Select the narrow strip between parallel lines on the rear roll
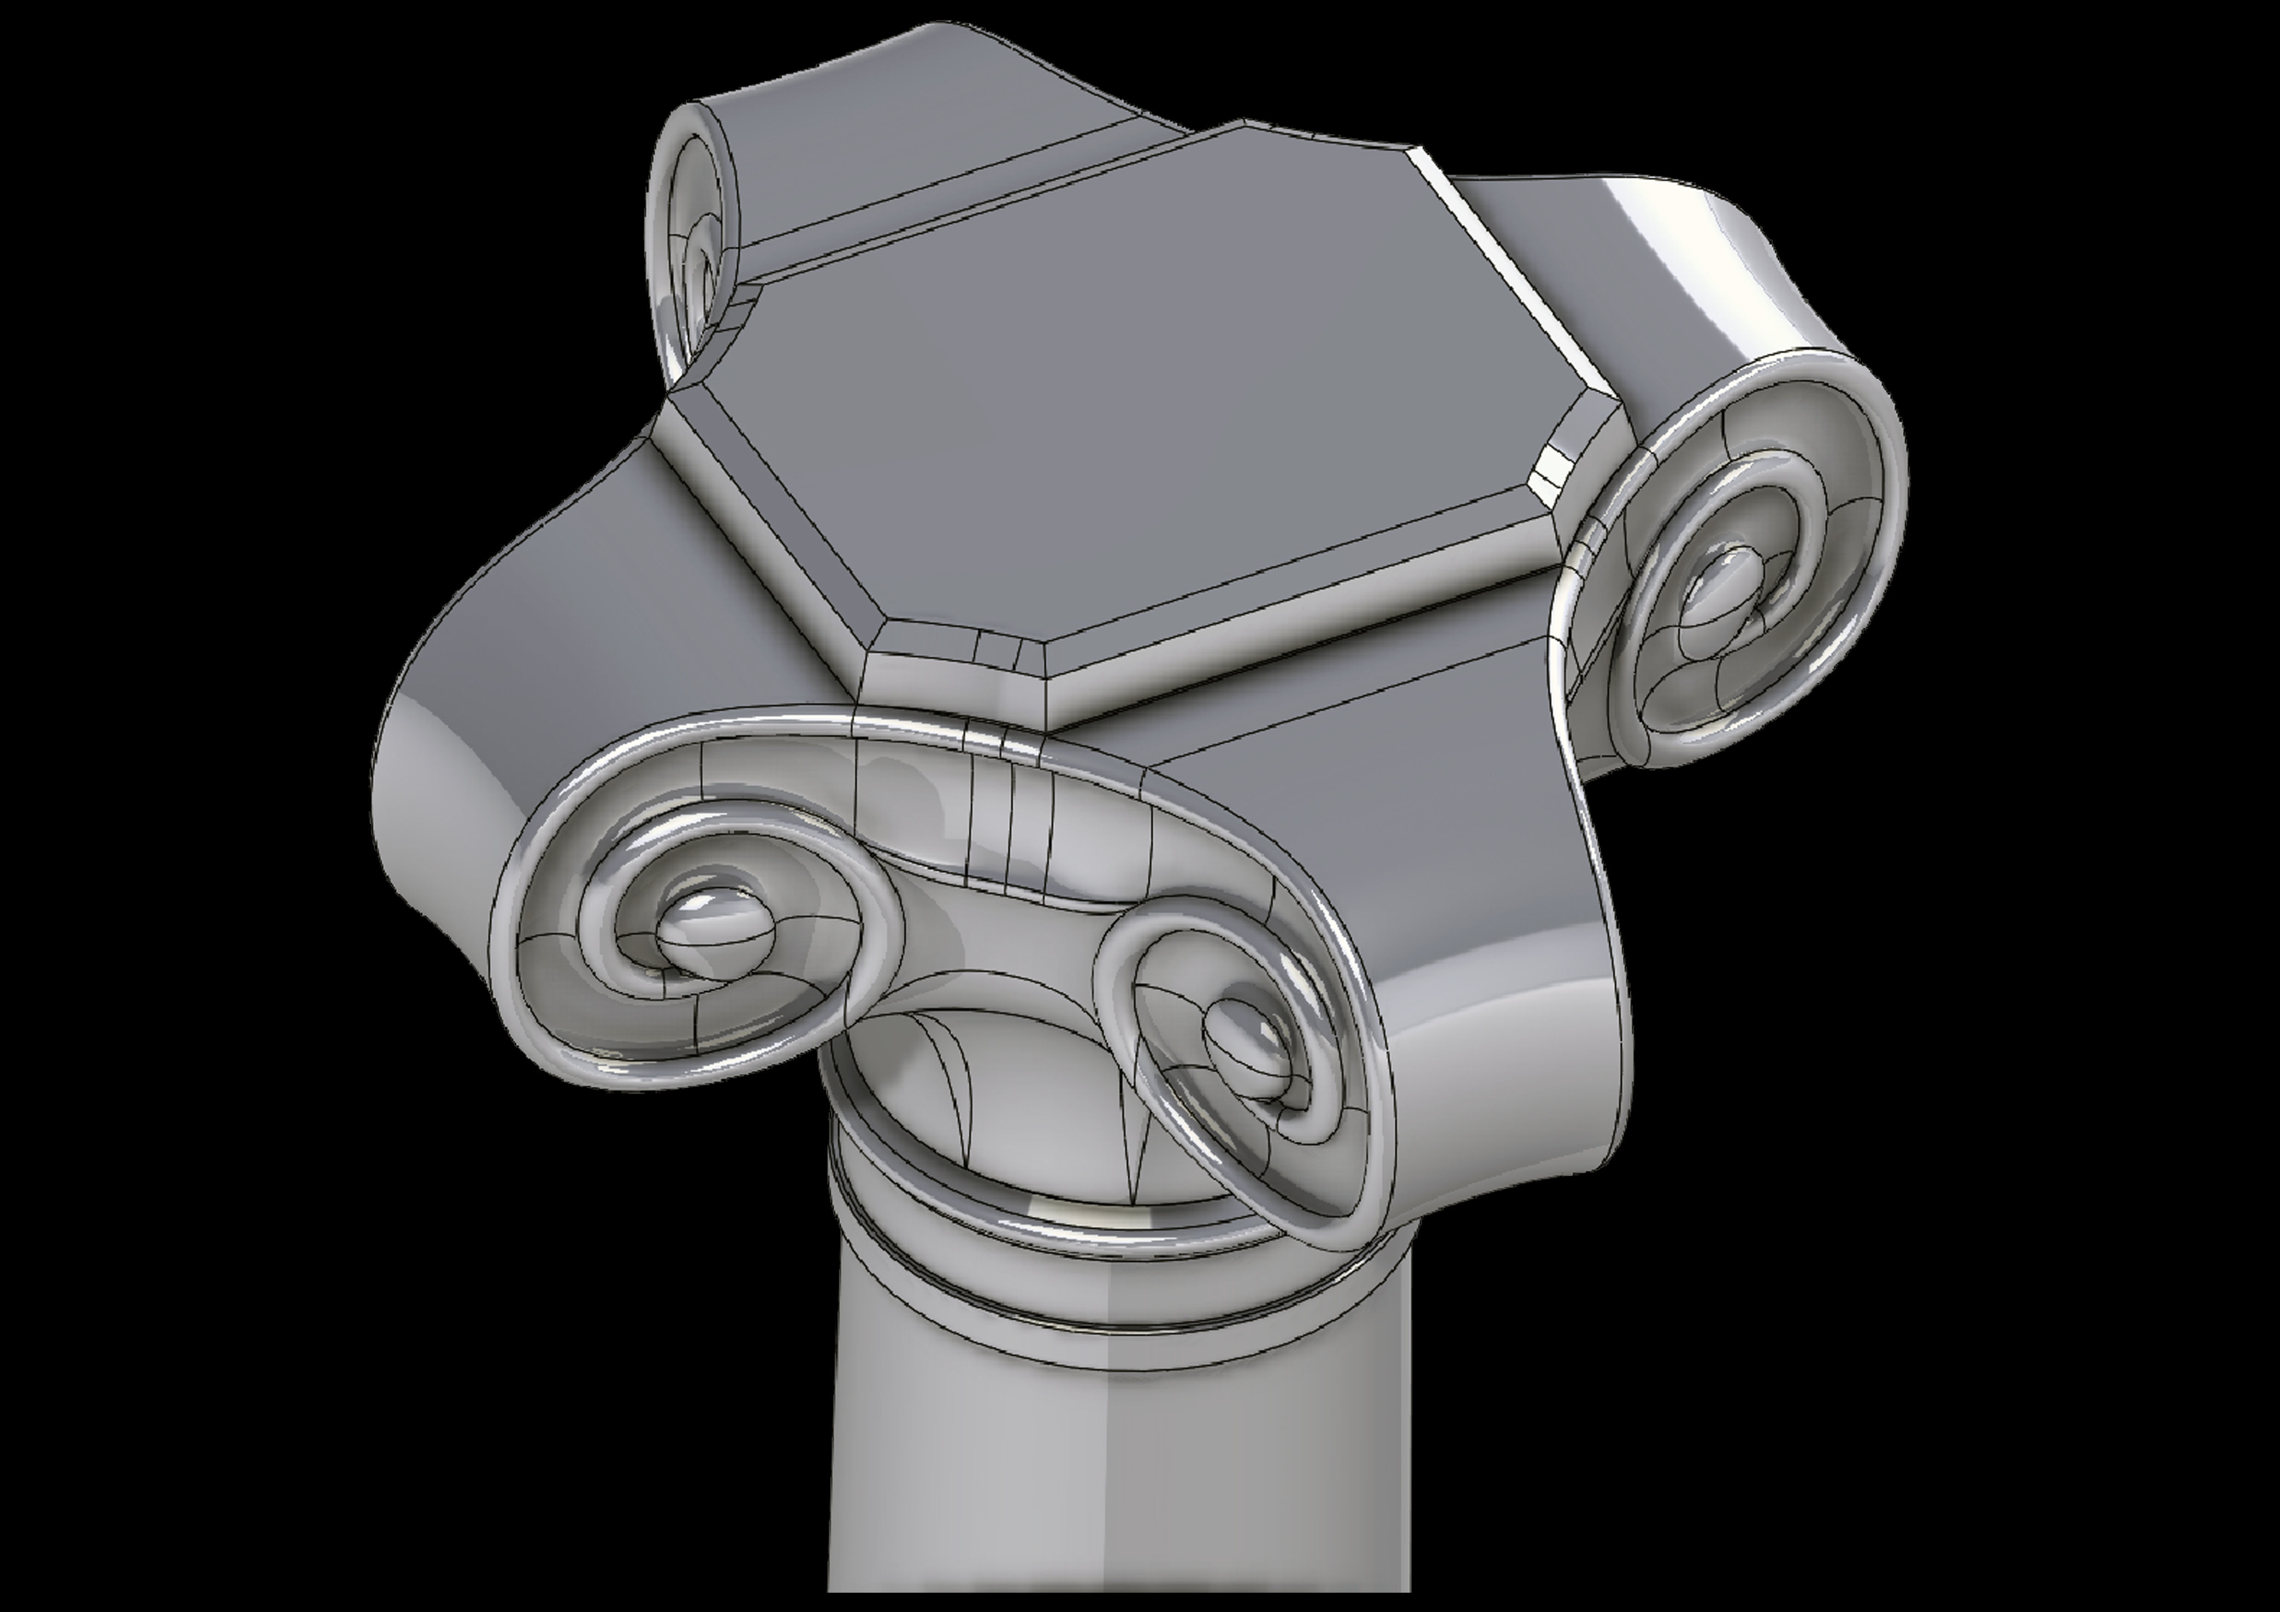[953, 199]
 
